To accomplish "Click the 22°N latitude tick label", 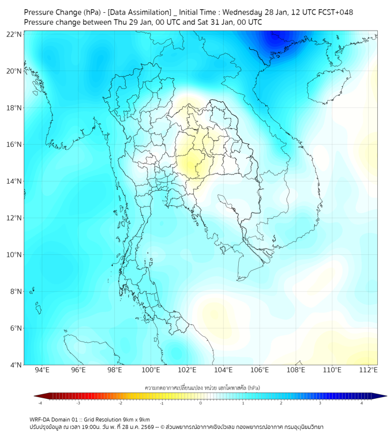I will [x=14, y=34].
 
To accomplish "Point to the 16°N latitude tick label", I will [x=14, y=145].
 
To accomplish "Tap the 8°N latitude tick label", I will [x=16, y=291].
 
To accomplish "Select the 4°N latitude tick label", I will [x=16, y=365].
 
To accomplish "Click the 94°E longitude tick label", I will [x=42, y=370].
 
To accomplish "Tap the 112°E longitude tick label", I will [x=368, y=370].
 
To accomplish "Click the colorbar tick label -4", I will [x=40, y=403].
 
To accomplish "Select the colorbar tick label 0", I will [x=201, y=403].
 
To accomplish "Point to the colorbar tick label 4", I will [x=362, y=403].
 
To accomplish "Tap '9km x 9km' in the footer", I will [x=137, y=419].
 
